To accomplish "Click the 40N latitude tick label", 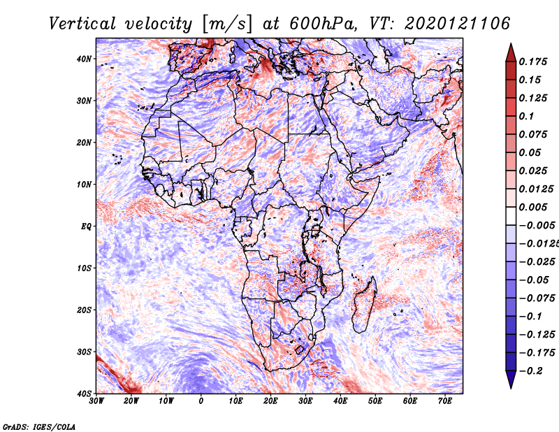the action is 84,59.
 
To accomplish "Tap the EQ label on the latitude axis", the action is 86,226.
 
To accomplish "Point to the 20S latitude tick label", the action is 84,310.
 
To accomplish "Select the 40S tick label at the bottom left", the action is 84,394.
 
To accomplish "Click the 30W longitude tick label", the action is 96,401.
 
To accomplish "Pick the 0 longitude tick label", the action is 201,401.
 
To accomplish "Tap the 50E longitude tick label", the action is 375,401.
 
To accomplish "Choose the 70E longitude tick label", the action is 445,401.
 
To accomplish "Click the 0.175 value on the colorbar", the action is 533,62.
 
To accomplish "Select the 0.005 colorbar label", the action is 533,207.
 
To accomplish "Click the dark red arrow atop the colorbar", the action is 511,52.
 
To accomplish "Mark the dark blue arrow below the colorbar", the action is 511,380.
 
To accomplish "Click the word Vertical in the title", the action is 82,24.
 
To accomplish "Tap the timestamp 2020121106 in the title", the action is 458,24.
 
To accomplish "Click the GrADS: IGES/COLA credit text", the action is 39,427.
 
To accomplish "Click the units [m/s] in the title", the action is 227,24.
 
